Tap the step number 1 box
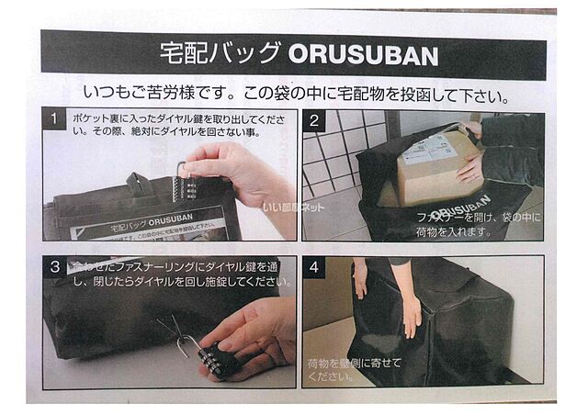pyautogui.click(x=57, y=120)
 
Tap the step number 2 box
pyautogui.click(x=313, y=120)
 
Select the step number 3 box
pyautogui.click(x=57, y=266)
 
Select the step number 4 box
pyautogui.click(x=313, y=267)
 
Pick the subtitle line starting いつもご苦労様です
pyautogui.click(x=295, y=95)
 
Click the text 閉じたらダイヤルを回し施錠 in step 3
pyautogui.click(x=175, y=281)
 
